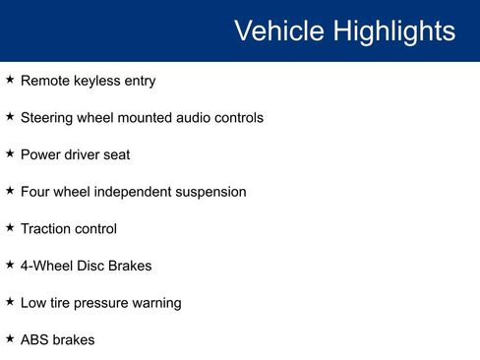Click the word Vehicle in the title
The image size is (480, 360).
pyautogui.click(x=278, y=30)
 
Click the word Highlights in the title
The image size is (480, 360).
pyautogui.click(x=392, y=30)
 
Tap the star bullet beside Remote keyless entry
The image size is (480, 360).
pyautogui.click(x=10, y=80)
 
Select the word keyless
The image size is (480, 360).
pyautogui.click(x=96, y=81)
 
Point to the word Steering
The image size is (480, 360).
pyautogui.click(x=48, y=118)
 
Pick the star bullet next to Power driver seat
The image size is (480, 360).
pyautogui.click(x=10, y=153)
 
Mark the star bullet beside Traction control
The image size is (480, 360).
pyautogui.click(x=10, y=227)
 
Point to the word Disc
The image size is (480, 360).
pyautogui.click(x=93, y=266)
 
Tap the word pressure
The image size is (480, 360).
pyautogui.click(x=102, y=303)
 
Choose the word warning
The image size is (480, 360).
pyautogui.click(x=156, y=303)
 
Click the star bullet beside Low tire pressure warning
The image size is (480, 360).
pyautogui.click(x=10, y=302)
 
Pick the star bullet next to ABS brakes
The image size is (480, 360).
pyautogui.click(x=10, y=338)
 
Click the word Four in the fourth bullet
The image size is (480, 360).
pyautogui.click(x=36, y=192)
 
